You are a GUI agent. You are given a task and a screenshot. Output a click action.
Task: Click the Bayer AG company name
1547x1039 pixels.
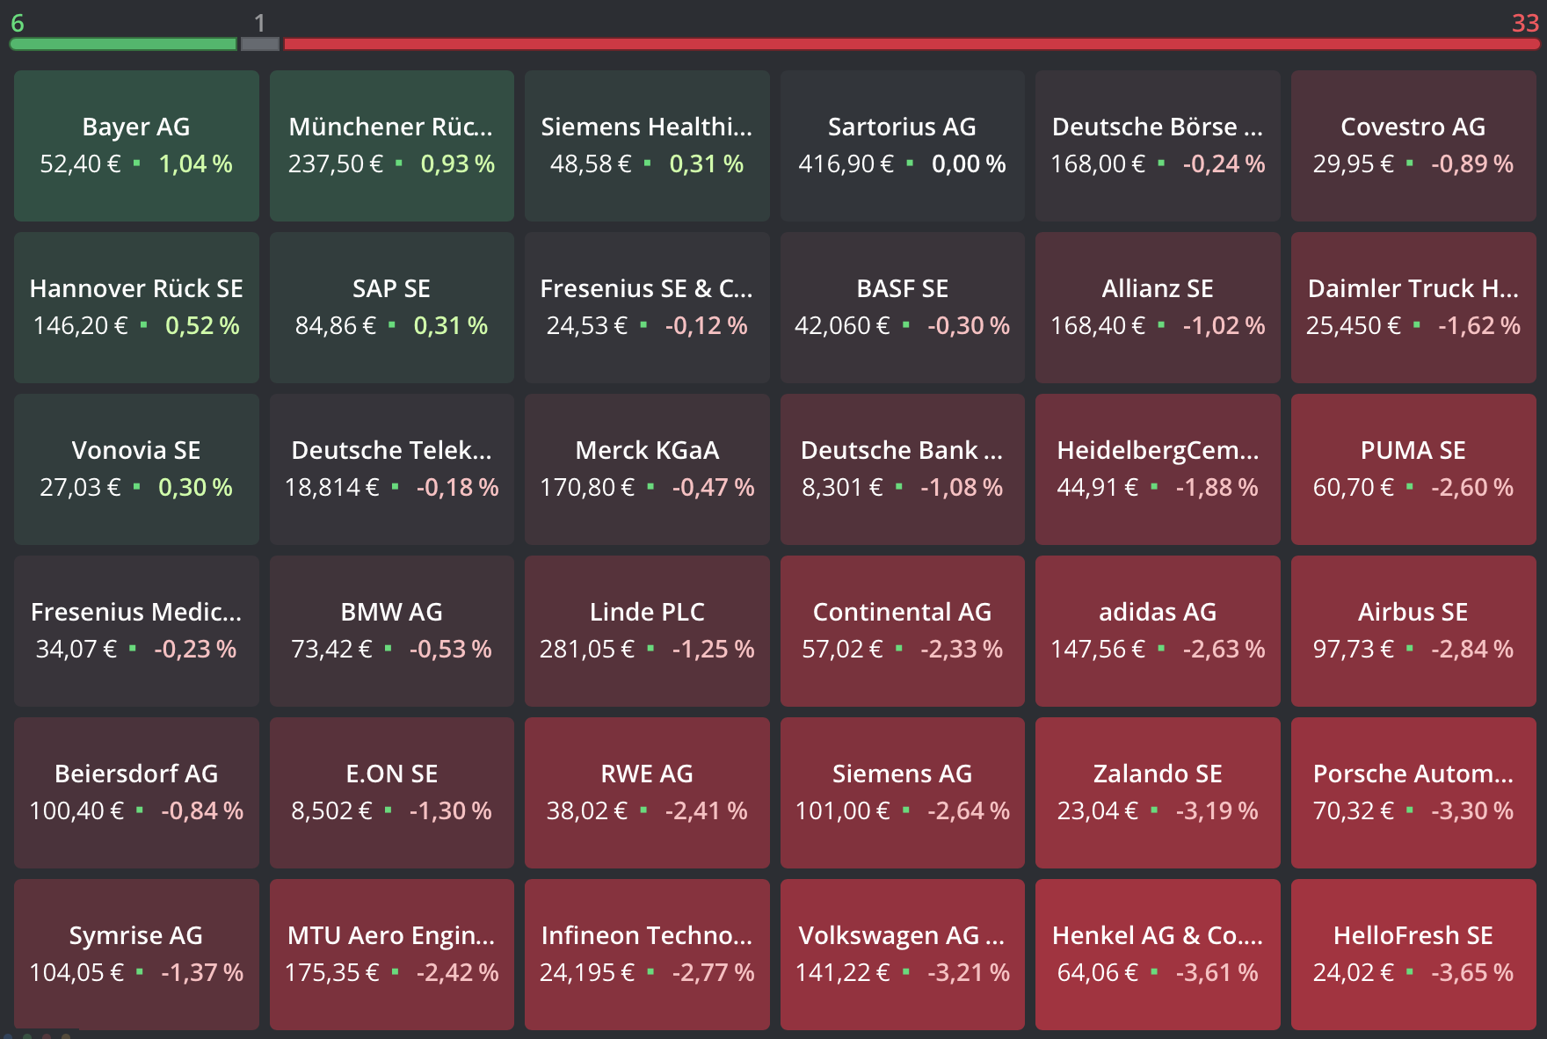[x=136, y=127]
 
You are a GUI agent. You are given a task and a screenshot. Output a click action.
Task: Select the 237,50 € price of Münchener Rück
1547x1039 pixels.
[x=336, y=163]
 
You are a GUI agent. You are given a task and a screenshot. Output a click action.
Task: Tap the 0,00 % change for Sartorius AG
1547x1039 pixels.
[x=969, y=163]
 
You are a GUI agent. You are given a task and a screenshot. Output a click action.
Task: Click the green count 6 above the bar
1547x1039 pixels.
[x=18, y=23]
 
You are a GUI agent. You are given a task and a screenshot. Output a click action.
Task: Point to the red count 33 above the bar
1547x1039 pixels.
[x=1525, y=23]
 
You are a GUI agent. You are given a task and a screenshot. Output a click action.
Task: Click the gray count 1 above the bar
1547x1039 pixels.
[x=259, y=23]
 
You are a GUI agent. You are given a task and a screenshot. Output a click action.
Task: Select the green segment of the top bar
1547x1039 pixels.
[x=123, y=44]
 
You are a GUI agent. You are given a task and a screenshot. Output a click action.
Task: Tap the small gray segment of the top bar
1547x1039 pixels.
[x=260, y=44]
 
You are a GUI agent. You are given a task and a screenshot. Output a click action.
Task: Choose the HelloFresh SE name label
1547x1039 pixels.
[x=1413, y=935]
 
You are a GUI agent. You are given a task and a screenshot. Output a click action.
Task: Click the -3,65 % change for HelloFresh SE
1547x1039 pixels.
[x=1472, y=972]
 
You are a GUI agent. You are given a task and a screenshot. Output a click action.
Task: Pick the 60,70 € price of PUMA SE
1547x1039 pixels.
[x=1354, y=487]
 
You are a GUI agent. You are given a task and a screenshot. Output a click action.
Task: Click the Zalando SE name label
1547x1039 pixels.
[x=1158, y=774]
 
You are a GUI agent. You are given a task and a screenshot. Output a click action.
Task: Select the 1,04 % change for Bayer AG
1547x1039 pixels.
[x=195, y=163]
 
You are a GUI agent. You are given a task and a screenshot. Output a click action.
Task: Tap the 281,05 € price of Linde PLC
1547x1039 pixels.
[x=587, y=649]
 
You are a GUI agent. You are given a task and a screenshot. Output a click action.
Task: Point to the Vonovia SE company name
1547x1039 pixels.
[x=136, y=450]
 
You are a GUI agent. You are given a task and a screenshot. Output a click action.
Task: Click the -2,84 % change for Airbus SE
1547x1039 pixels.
[x=1472, y=649]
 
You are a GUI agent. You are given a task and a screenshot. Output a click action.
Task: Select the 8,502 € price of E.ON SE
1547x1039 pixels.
[x=332, y=810]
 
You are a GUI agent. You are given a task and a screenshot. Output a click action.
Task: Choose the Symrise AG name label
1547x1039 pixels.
[x=136, y=935]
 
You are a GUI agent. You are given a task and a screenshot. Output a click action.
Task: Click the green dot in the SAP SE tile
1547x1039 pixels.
[x=392, y=324]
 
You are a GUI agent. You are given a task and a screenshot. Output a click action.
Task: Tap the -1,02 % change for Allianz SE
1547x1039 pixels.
[x=1224, y=325]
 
